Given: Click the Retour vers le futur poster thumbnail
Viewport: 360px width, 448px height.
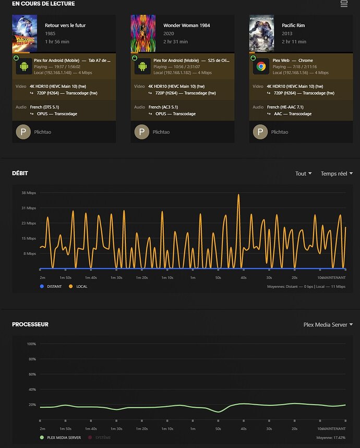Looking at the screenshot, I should [x=25, y=33].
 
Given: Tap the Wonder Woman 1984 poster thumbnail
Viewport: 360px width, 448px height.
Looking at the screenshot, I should [x=143, y=33].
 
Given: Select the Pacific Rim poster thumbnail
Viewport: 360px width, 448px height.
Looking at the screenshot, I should [x=261, y=33].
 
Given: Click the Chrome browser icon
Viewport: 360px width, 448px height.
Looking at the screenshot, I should [x=261, y=67].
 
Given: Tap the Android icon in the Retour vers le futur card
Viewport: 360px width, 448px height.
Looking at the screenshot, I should [x=23, y=67].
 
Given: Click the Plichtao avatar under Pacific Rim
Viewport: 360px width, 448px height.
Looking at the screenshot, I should [x=260, y=132].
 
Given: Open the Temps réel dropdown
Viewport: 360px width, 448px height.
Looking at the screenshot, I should [x=337, y=174].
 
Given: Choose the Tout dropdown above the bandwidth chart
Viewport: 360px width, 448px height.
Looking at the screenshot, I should [x=303, y=174].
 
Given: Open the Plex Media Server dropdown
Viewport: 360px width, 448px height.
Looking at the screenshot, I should [x=328, y=324].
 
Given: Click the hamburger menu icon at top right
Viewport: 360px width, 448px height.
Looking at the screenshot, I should [x=344, y=4].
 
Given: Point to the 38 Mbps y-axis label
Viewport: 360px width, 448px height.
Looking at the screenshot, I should [x=29, y=193].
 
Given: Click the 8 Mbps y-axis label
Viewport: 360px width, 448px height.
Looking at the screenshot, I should [x=31, y=253].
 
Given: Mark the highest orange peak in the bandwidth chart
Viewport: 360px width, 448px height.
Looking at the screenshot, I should [x=238, y=195].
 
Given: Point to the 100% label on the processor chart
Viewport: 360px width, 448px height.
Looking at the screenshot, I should [x=31, y=344].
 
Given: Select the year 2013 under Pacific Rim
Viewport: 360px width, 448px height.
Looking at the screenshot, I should [x=287, y=33].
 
